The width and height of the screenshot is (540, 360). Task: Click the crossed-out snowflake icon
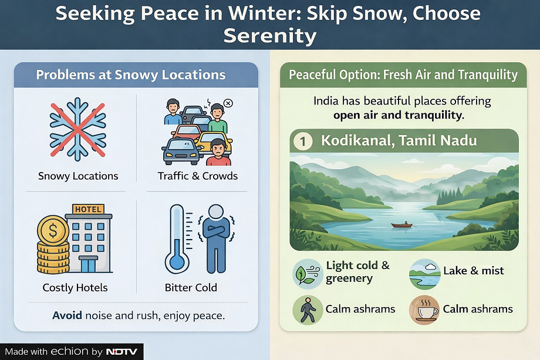[78, 129]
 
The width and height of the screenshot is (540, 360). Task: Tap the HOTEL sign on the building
[88, 209]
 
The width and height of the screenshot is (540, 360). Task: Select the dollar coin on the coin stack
[53, 230]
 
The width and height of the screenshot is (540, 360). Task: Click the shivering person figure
[216, 239]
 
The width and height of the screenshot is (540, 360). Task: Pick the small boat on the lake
[402, 225]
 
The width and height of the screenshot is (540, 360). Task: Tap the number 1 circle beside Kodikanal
[303, 142]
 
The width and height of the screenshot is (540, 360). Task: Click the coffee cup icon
[424, 309]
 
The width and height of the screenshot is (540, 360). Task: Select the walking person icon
[308, 309]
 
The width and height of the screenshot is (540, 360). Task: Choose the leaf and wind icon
[308, 274]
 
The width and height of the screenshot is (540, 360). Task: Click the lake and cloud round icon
[424, 274]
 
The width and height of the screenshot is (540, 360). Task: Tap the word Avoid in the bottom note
[67, 315]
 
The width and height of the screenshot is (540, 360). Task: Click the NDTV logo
[122, 352]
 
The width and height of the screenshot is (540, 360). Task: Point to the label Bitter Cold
[191, 287]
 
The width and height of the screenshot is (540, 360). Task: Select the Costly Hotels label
[75, 287]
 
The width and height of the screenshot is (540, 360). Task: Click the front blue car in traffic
[181, 152]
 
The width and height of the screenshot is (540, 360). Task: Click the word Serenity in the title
[270, 35]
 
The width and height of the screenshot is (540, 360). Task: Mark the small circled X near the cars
[228, 103]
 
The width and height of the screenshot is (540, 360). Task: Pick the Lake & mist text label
[473, 270]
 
